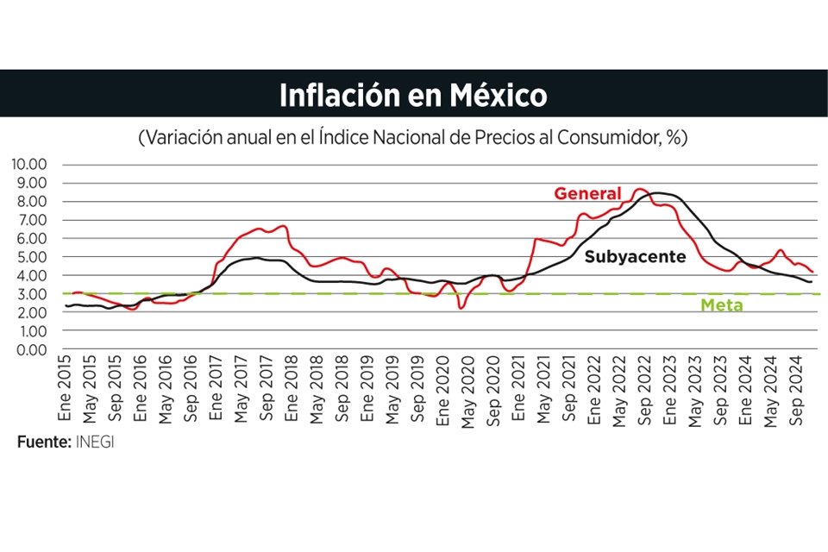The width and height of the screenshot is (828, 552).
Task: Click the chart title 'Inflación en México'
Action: point(413,95)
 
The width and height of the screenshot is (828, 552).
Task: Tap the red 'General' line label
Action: point(587,193)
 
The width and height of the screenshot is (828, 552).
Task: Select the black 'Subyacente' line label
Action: point(635,256)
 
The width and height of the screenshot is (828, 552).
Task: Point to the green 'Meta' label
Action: point(721,304)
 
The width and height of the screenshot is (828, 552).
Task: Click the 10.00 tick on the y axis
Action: point(29,164)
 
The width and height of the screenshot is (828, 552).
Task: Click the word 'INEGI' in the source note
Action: point(95,442)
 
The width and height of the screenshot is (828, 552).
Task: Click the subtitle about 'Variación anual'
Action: point(413,138)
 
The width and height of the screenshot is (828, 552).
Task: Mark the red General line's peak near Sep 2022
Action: point(640,189)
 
